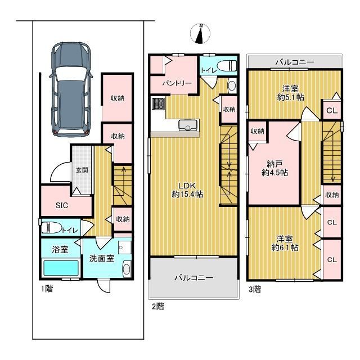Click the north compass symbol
[200, 34]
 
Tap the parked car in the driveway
[71, 89]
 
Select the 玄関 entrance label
[82, 170]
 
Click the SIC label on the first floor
[62, 205]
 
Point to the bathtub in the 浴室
[61, 268]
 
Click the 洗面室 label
[101, 259]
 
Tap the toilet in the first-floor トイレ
[52, 227]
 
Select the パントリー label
[177, 83]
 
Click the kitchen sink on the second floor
[188, 125]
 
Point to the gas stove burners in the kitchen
[158, 103]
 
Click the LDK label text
[187, 185]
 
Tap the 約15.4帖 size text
[187, 194]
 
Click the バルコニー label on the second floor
[194, 278]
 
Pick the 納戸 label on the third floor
[274, 164]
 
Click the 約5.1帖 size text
[291, 97]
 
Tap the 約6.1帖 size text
[285, 247]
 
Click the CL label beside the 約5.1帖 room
[332, 111]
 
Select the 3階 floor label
[255, 289]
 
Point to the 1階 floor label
[47, 289]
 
